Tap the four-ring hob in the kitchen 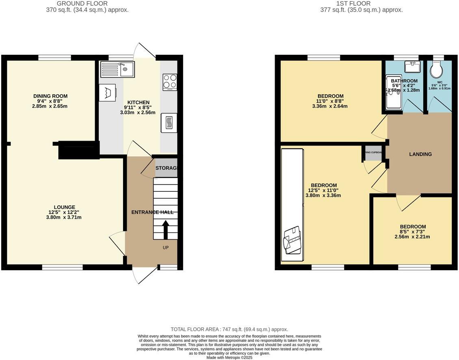pos(170,81)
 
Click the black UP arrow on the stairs pos(165,230)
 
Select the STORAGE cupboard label pos(166,168)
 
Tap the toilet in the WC pos(437,70)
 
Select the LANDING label pos(420,154)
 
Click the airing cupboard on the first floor pos(373,152)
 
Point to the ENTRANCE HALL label pos(152,212)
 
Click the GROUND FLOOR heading pos(87,4)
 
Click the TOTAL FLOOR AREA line pos(229,330)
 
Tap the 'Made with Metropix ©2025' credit pos(229,358)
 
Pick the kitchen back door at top pos(145,51)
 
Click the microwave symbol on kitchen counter pos(169,122)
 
